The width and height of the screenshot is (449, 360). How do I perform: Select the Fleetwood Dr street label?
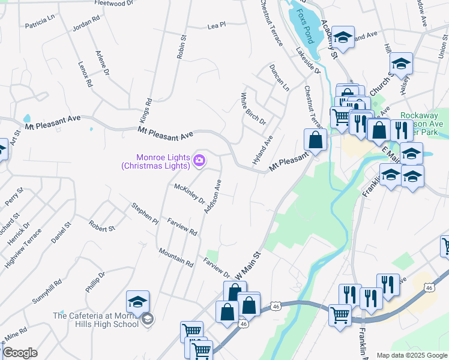114,4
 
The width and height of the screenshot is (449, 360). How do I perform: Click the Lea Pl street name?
215,26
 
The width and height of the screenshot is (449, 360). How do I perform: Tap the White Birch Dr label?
253,108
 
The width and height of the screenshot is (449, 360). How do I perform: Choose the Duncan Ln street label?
279,77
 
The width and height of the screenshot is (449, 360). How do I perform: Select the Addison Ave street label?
213,197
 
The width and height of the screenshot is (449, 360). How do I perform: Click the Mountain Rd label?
176,257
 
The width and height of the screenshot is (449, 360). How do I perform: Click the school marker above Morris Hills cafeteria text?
137,301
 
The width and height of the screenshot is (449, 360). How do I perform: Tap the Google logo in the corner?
20,353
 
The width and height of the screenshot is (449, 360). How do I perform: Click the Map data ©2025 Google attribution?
411,355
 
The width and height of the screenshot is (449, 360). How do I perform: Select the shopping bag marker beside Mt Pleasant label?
315,140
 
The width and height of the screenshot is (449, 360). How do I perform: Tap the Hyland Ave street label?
262,151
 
